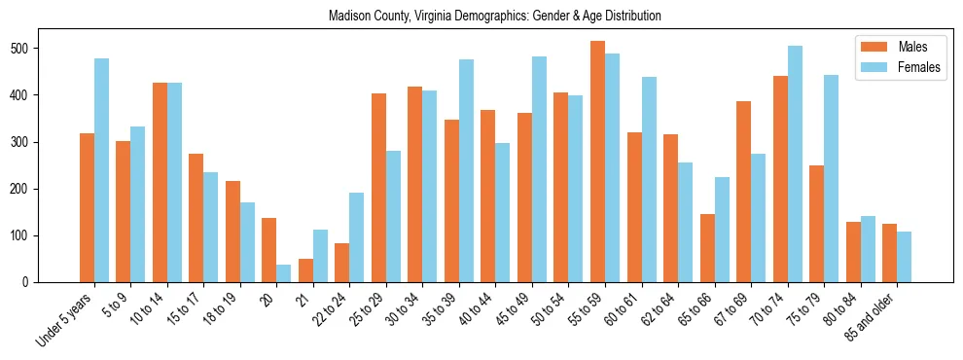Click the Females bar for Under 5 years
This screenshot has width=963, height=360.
tap(101, 170)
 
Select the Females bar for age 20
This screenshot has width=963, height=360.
tap(284, 273)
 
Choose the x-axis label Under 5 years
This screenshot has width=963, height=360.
tap(66, 317)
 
